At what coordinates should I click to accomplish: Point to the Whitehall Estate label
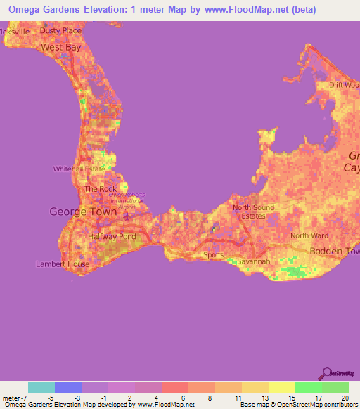[x=79, y=169]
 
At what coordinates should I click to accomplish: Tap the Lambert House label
[x=63, y=264]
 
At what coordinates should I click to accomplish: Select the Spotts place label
[x=214, y=255]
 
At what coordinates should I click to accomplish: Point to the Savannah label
[x=253, y=261]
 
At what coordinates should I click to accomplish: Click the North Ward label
[x=309, y=235]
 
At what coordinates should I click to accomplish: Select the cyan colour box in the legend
[x=41, y=387]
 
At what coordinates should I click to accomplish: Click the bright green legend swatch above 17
[x=308, y=387]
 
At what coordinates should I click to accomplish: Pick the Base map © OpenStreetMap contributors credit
[x=297, y=405]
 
